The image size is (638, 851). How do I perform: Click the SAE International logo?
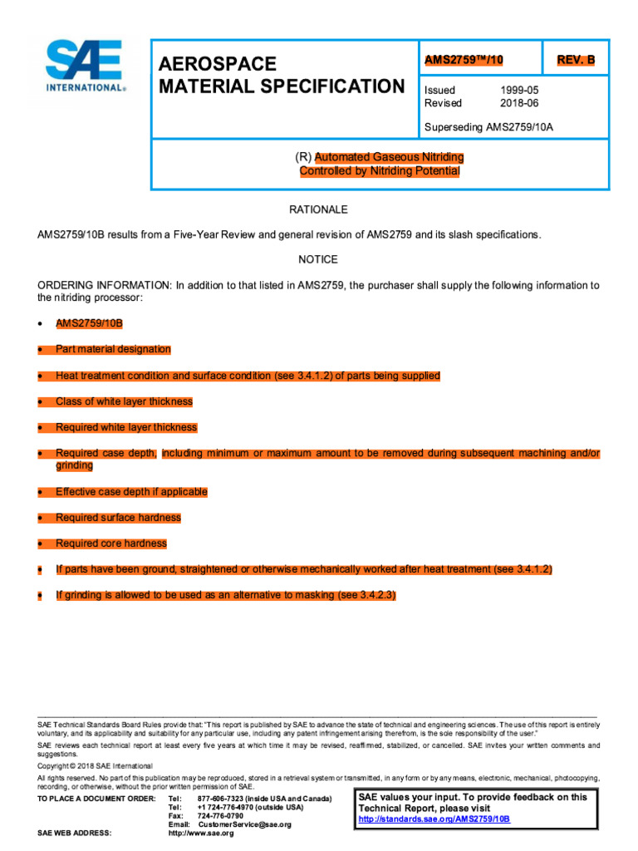coord(85,66)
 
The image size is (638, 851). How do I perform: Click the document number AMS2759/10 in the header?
coord(464,60)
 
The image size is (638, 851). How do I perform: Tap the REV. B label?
coord(575,60)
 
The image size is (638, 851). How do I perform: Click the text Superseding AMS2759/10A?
coord(488,127)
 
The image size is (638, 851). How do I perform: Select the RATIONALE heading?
coord(318,209)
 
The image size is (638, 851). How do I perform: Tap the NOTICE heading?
coord(318,259)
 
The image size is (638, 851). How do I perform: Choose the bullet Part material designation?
coord(113,350)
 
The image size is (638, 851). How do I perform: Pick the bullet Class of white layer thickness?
coord(124,401)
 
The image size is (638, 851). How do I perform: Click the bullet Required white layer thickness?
coord(126,427)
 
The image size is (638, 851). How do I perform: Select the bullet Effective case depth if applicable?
coord(131,492)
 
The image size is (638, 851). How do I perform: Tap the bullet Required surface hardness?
coord(118,518)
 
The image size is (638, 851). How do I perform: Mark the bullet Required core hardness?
coord(111,544)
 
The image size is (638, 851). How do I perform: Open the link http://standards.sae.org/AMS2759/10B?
coord(434,819)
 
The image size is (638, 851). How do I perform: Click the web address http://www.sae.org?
coord(201,833)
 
